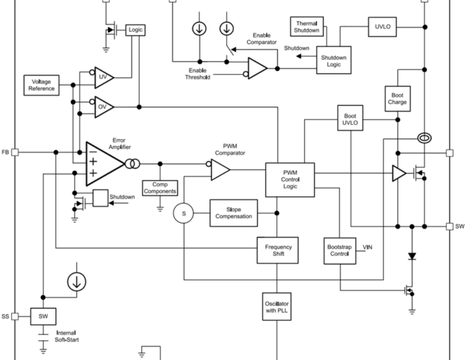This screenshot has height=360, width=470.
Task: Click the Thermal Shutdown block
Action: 307,26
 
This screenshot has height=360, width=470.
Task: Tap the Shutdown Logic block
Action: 333,61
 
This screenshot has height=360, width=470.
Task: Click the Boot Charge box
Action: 397,98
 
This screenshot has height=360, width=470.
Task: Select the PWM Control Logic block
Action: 290,178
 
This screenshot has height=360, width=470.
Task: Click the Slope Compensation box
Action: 234,212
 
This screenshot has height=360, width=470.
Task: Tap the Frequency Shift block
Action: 278,250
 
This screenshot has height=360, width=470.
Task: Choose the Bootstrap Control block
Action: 339,250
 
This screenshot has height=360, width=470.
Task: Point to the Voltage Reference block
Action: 41,85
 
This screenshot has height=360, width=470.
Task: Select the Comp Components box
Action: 160,187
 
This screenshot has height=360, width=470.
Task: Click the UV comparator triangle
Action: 104,77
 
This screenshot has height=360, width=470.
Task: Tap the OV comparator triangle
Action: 104,107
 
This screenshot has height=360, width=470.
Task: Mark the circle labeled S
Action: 184,213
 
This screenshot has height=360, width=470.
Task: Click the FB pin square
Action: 16,152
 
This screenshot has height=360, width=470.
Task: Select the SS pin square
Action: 16,316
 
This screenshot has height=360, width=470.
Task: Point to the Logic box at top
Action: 135,30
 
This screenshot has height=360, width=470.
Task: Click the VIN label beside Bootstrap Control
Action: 368,247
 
